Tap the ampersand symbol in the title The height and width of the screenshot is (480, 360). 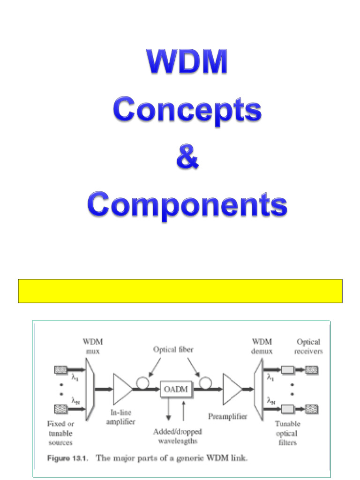point(187,157)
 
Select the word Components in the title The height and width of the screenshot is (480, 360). point(187,205)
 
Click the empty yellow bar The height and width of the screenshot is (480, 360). point(180,291)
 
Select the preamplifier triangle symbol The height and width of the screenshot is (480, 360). point(232,389)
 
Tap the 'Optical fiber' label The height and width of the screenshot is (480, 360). point(173,349)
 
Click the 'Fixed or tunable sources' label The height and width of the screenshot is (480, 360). point(60,433)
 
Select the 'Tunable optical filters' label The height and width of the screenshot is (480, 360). point(287,433)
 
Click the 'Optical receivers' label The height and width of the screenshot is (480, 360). point(309,346)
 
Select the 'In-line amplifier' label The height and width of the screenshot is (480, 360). point(120,417)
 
